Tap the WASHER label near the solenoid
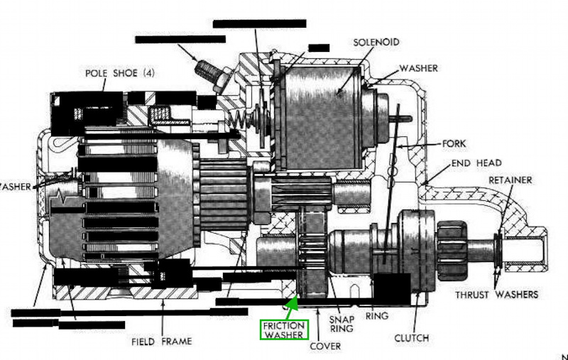(418, 68)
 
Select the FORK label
(454, 143)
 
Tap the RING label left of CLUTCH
(374, 317)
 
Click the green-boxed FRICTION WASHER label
(284, 329)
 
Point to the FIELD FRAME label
(162, 341)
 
